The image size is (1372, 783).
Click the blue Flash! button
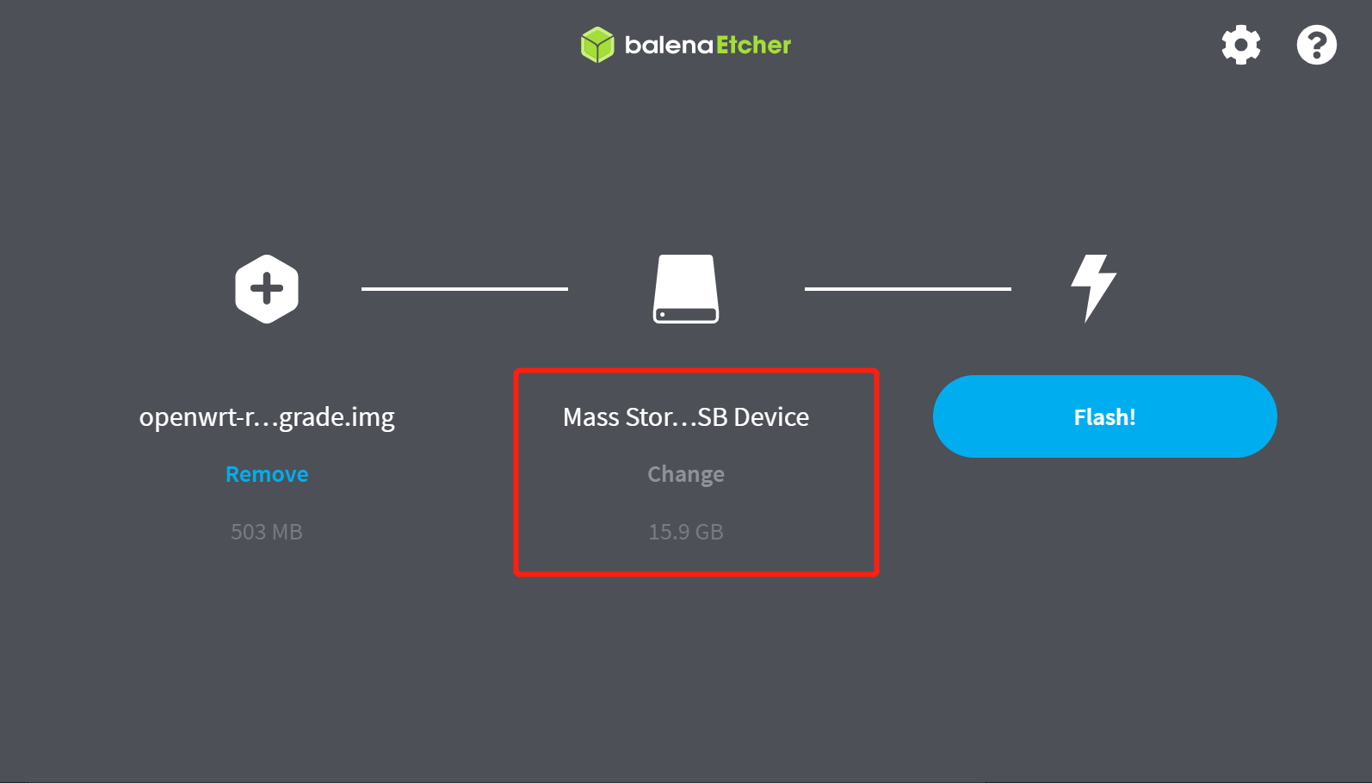pos(1104,416)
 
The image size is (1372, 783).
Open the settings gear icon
pos(1241,45)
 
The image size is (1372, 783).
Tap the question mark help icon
pos(1316,45)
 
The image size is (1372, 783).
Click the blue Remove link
pos(267,474)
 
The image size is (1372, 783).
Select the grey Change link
pos(686,474)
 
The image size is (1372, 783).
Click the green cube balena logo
pos(597,45)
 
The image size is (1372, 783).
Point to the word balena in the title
pos(669,45)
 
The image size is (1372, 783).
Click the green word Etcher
pos(753,45)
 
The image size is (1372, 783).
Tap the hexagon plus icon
pos(267,289)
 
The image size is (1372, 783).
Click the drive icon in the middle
pos(686,289)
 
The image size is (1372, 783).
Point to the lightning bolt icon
pos(1093,287)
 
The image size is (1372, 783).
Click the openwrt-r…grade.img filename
pos(267,417)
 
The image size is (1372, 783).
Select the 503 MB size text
pos(267,532)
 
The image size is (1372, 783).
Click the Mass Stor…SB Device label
pos(686,417)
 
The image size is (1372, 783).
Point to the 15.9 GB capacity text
pos(686,532)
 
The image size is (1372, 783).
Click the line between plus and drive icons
pos(465,289)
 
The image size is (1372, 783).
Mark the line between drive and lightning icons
pos(908,289)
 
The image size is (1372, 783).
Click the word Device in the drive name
pos(771,417)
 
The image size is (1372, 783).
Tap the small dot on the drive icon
pos(662,315)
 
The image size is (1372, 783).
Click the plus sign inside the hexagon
pos(267,289)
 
